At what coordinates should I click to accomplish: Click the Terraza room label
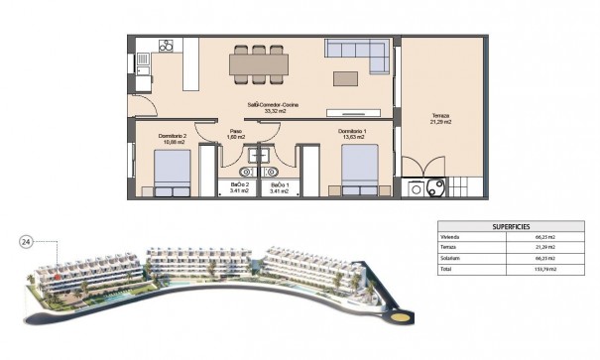[440, 116]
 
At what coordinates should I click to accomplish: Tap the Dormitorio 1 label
[352, 131]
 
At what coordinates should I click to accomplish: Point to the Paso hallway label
[235, 131]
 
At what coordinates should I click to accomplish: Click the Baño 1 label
[279, 185]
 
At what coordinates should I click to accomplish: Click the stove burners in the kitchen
[170, 46]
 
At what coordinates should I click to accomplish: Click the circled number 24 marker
[27, 241]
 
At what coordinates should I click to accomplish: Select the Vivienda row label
[451, 238]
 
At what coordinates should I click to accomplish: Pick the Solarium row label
[451, 258]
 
